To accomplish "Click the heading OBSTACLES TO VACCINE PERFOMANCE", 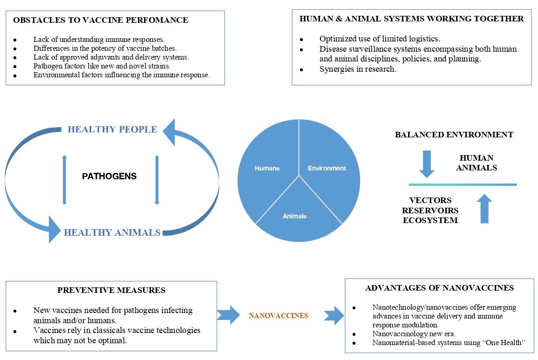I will [x=101, y=20].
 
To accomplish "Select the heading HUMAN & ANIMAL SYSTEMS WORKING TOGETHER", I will [x=411, y=19].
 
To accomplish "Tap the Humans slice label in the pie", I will [x=267, y=168].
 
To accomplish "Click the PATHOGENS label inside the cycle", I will [x=109, y=177].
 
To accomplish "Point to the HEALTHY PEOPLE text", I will [x=112, y=129].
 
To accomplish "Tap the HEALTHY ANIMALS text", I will [x=112, y=232].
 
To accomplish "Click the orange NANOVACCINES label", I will [x=279, y=315].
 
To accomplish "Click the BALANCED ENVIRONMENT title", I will [x=454, y=135].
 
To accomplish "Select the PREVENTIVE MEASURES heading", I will [x=111, y=290].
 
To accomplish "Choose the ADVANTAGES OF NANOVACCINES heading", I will [x=440, y=288].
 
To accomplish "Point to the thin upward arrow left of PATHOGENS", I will [x=64, y=179].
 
